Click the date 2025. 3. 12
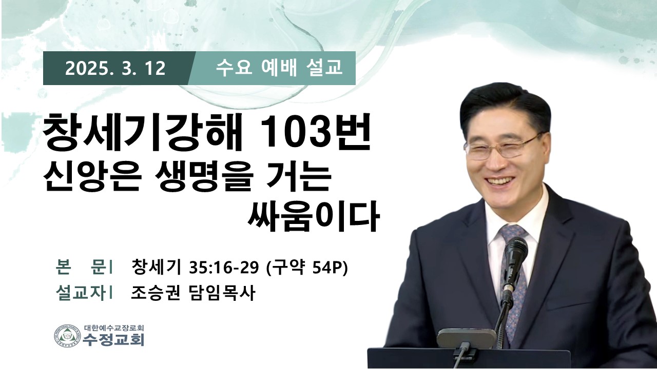point(115,69)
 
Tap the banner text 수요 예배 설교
point(279,68)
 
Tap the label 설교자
point(81,293)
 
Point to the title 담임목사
point(221,293)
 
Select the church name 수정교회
point(114,340)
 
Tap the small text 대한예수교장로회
point(114,327)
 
